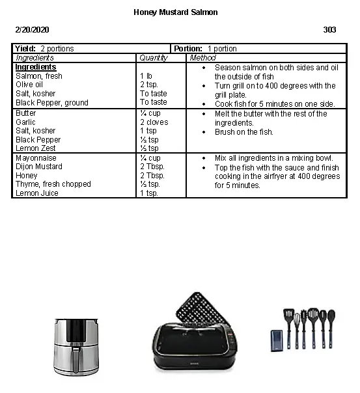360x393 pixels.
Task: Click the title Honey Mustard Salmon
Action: click(x=175, y=12)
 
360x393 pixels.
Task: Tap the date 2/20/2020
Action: click(x=32, y=30)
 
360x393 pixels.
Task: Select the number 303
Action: click(x=329, y=30)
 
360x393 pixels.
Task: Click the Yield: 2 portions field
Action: click(x=44, y=49)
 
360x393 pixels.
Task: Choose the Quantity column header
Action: click(x=154, y=58)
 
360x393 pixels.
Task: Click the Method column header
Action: click(x=202, y=58)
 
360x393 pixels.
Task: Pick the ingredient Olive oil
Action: click(x=29, y=85)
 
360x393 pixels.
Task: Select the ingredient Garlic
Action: click(x=26, y=122)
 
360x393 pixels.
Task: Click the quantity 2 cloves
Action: click(x=154, y=122)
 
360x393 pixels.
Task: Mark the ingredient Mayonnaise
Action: click(x=36, y=158)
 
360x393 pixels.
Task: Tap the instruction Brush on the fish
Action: click(x=244, y=132)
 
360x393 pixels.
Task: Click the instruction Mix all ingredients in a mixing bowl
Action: click(x=273, y=158)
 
